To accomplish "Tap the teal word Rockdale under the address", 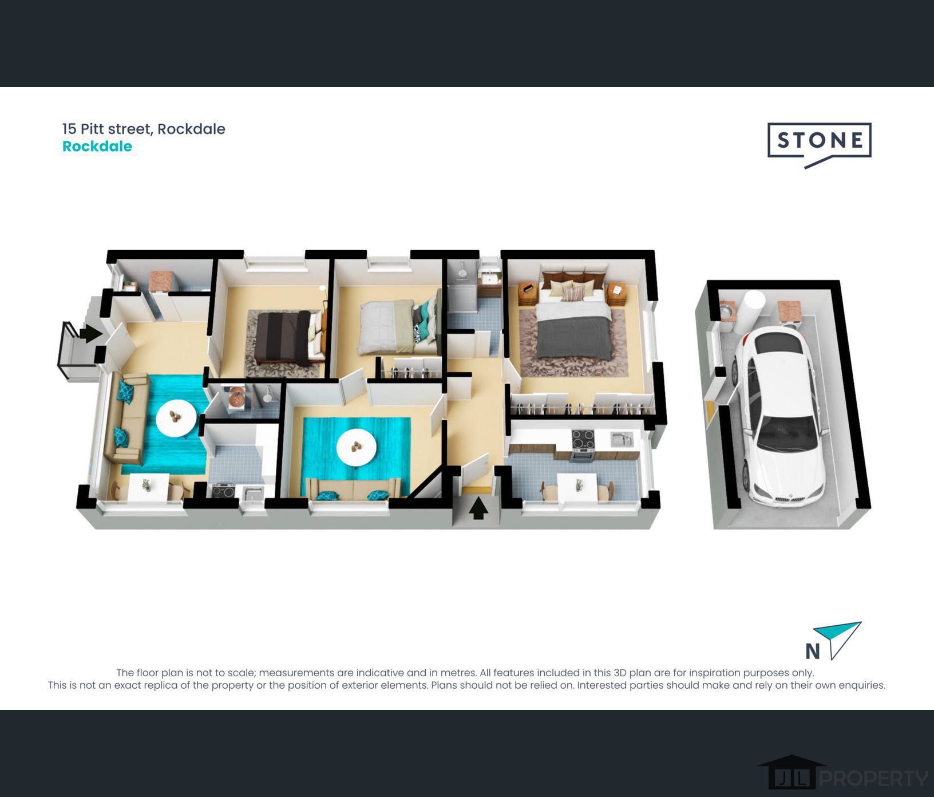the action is point(97,147).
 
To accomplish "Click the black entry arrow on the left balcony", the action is point(90,333).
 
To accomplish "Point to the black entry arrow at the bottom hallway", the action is point(478,508).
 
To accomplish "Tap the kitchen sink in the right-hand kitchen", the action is point(622,440).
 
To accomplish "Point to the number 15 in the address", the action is point(69,129).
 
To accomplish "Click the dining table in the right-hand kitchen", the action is point(577,487).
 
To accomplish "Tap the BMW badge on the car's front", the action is point(790,496).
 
